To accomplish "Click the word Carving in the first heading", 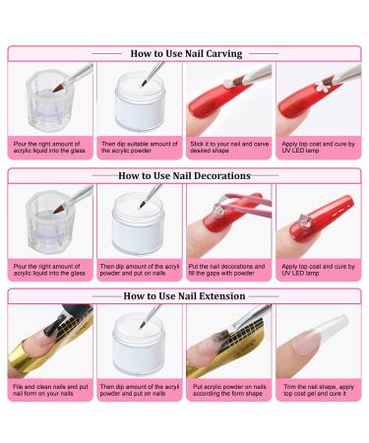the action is click(x=224, y=54).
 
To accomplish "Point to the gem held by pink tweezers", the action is click(x=217, y=209).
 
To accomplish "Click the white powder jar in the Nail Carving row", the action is click(x=139, y=101).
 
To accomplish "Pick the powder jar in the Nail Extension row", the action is click(x=138, y=344).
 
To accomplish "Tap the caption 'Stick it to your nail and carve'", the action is click(x=229, y=144).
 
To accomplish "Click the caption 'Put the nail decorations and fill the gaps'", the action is click(x=226, y=270).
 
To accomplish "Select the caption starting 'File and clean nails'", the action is click(x=50, y=390).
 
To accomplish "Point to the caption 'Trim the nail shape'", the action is click(x=319, y=390).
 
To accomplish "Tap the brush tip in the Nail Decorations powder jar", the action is click(x=143, y=204).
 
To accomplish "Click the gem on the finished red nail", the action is click(x=304, y=220).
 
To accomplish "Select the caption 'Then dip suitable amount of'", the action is click(x=140, y=144).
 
